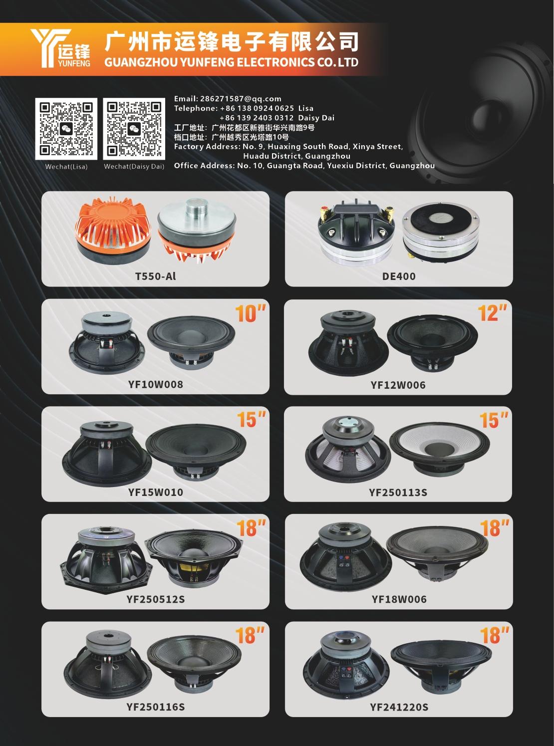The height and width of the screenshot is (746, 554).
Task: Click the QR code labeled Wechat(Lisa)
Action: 66,129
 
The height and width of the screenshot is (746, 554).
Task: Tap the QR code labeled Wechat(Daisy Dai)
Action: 134,129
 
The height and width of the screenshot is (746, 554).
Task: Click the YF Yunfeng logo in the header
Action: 60,48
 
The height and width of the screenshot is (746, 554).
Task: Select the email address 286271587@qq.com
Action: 241,99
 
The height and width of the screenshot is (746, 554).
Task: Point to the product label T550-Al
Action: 155,276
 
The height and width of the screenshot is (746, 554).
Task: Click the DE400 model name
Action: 399,276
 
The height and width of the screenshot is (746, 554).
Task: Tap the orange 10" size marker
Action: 250,313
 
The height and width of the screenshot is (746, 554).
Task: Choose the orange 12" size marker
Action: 493,313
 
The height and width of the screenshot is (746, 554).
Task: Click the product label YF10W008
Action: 155,384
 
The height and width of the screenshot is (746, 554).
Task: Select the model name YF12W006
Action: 398,385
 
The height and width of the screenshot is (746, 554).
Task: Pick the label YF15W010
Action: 155,493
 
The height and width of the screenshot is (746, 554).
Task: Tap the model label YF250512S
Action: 155,599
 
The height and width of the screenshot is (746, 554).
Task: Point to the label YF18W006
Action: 399,599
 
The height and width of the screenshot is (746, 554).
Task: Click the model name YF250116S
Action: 155,707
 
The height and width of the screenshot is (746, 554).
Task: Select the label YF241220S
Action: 399,707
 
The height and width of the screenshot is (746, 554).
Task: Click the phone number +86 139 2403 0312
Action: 257,118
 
